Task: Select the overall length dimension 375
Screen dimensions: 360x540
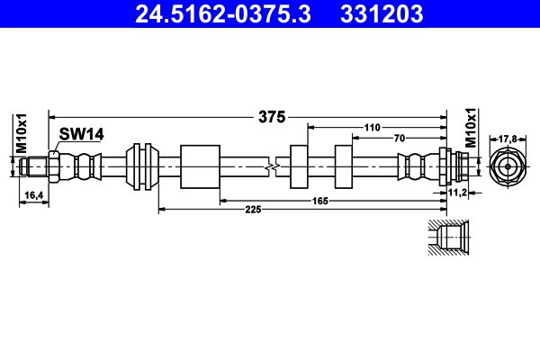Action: click(x=271, y=116)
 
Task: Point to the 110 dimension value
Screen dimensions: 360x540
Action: click(x=372, y=128)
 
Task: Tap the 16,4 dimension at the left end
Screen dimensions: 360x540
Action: click(x=32, y=194)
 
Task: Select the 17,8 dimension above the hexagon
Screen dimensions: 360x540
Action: click(x=508, y=139)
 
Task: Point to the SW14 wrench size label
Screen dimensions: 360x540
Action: click(x=81, y=134)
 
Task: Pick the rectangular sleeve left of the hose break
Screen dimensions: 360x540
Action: click(x=200, y=166)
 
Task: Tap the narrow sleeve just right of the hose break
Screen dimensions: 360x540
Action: click(x=300, y=166)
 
